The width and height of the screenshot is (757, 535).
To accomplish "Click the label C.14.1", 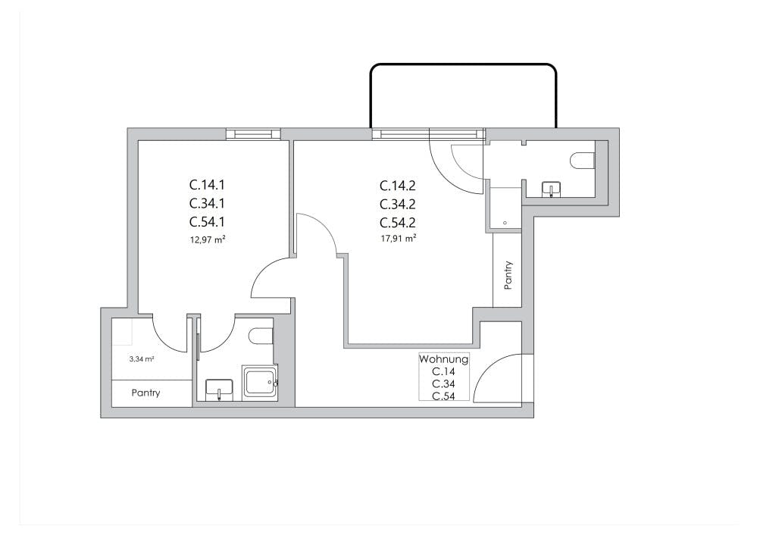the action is pos(207,185).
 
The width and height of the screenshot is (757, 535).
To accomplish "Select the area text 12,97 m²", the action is pos(208,239).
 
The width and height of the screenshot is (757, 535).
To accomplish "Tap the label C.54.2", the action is pos(398,223).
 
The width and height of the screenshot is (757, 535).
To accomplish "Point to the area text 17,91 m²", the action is pos(399,239).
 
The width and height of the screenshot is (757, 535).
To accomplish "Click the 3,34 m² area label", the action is pos(142,359).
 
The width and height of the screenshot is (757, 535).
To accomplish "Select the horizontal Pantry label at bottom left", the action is pos(145,393).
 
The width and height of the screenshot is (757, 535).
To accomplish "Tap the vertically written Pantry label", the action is pos(508,275).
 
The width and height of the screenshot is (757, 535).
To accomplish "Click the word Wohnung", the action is pos(444,359).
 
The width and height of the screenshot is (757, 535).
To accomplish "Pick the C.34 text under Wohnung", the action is pos(444,384).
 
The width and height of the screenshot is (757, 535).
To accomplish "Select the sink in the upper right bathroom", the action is pos(552,189).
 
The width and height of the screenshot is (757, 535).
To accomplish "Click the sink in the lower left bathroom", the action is pos(219,390).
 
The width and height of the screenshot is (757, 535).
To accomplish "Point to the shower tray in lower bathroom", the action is pos(260,383).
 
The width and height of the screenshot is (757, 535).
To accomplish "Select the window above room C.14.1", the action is pos(253,133).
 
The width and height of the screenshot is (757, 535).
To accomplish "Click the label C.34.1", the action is pos(207,203).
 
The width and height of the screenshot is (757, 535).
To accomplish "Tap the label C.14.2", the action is pos(398,186).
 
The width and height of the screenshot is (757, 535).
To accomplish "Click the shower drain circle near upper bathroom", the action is pos(505,223).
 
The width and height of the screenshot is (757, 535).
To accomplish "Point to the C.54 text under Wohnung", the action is pos(444,396).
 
